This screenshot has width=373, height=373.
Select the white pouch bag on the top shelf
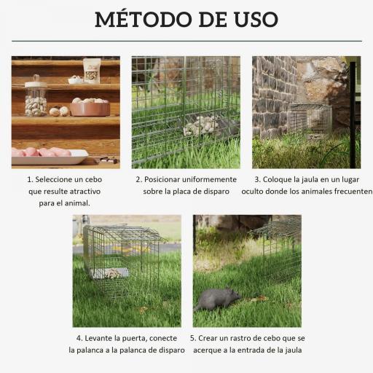[x=92, y=70]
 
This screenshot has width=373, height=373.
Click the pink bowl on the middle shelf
[x=90, y=108]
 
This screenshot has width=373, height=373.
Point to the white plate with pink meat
[x=50, y=154]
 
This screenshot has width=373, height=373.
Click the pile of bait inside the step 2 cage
[x=200, y=126]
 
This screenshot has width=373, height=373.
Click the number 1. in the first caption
[x=30, y=178]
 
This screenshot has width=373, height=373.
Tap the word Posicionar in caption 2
[x=167, y=178]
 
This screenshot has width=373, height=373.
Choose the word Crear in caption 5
[x=210, y=337]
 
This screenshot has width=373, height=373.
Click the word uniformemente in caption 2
[x=211, y=178]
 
